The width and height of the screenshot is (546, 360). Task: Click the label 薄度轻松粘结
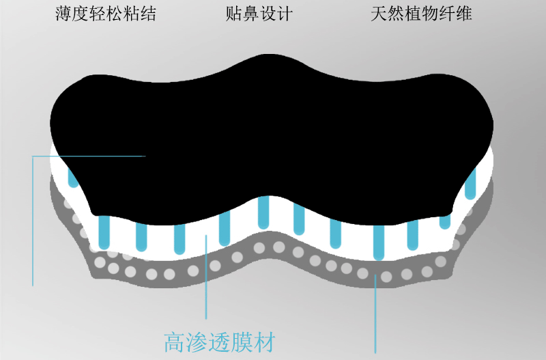106,14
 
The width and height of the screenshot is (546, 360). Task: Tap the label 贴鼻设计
259,14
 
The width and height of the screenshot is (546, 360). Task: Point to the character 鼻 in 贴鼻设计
250,14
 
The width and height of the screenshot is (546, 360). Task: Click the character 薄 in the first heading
63,14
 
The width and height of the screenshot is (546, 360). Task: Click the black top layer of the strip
273,130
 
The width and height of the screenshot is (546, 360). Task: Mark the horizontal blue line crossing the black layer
89,156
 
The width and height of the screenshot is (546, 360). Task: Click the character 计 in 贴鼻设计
285,14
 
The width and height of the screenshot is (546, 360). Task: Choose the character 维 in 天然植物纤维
463,14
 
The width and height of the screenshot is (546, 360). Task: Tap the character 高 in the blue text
175,340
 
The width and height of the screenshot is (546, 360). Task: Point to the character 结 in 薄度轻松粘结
148,14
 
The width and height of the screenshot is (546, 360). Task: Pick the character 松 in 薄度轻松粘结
114,14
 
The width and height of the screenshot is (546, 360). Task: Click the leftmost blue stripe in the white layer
71,177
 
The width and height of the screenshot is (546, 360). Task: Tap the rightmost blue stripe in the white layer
470,183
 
